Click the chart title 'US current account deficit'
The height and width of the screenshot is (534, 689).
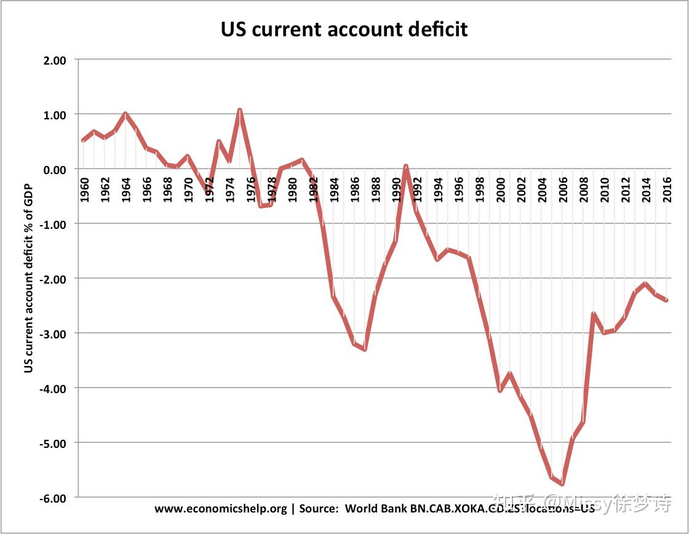(x=344, y=28)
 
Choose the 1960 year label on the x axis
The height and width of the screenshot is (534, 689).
(x=84, y=189)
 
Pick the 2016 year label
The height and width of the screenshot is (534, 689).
(x=666, y=189)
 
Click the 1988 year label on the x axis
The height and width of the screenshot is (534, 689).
(x=375, y=189)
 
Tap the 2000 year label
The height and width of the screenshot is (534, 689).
(x=500, y=189)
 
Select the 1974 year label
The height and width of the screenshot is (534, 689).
(x=229, y=189)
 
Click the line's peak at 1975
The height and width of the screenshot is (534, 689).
(x=239, y=110)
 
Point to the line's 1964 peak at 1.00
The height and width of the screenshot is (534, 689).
(x=125, y=114)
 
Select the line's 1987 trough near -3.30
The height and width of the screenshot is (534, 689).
(x=365, y=349)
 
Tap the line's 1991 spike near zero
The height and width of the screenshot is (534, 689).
(x=406, y=166)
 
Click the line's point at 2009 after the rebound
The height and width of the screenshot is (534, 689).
(x=593, y=314)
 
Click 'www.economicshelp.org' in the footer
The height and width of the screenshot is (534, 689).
(x=220, y=509)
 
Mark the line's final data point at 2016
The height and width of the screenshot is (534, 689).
(x=666, y=300)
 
